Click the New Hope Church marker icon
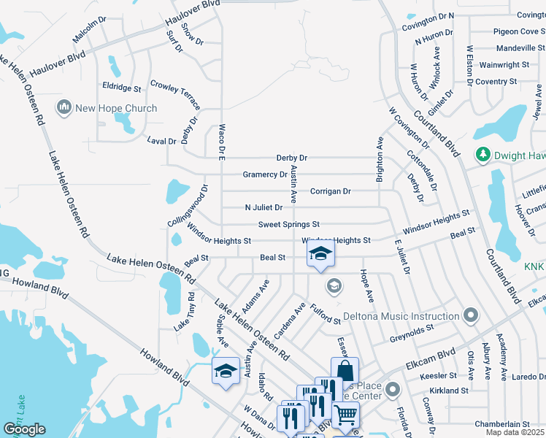tap(64, 108)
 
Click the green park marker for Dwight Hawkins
tap(482, 154)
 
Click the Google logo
tap(24, 429)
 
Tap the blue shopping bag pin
tap(345, 370)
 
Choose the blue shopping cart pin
tap(345, 415)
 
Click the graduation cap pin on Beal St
tap(319, 255)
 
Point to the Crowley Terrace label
tap(175, 96)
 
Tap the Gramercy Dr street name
tap(265, 174)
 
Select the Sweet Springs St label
tap(288, 224)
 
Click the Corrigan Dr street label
tap(330, 191)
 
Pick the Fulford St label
tap(326, 315)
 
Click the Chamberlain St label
tap(501, 424)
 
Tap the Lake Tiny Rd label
tap(184, 312)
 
